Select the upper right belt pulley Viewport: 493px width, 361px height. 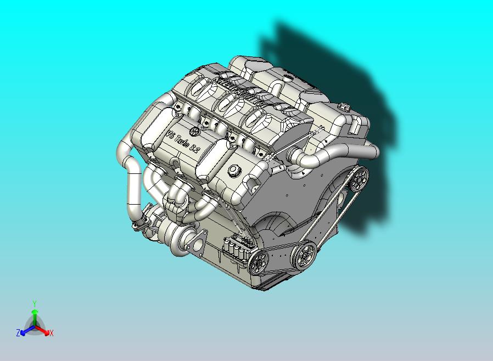point(360,177)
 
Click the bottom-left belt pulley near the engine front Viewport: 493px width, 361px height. point(257,264)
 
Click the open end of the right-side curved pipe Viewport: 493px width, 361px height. point(373,151)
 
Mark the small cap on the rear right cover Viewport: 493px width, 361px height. point(344,106)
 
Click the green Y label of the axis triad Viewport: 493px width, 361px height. point(35,303)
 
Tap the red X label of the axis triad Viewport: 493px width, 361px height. point(51,333)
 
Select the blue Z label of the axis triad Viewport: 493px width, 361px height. point(18,333)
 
